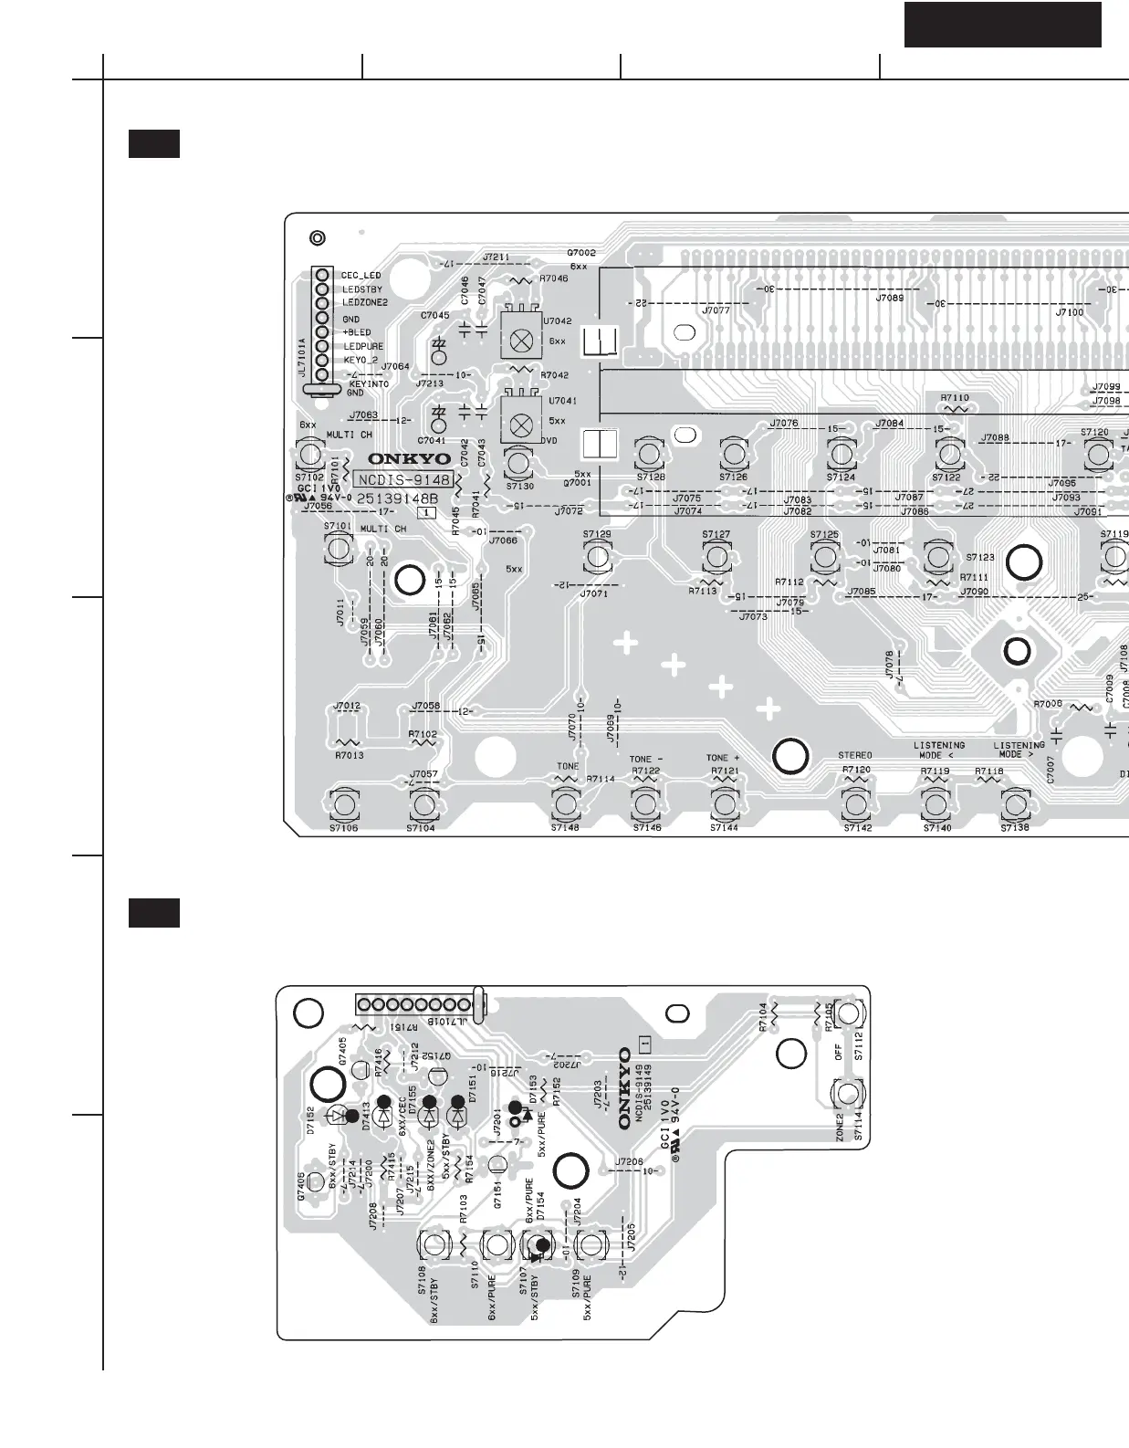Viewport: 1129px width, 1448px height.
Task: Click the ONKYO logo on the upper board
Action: coord(409,459)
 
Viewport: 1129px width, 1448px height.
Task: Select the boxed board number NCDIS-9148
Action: coord(404,479)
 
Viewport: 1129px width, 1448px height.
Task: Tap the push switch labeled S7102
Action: coord(310,454)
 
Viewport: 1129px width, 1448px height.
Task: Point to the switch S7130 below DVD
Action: coord(519,463)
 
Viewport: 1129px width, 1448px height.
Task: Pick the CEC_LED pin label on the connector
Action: coord(361,275)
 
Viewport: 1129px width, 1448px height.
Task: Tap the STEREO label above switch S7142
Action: coord(855,755)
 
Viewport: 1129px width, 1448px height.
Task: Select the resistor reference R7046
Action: coord(553,278)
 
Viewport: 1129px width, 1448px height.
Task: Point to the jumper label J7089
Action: coord(889,298)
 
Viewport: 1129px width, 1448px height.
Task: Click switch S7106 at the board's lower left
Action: coord(344,804)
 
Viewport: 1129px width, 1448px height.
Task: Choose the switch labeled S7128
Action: coord(649,454)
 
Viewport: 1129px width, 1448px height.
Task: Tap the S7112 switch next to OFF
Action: coord(849,1013)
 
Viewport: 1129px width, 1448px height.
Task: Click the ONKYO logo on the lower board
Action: coord(625,1088)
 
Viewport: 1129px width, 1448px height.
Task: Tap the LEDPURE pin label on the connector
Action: coord(363,346)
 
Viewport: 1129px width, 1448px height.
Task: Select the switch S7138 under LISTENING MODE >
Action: coord(1015,804)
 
